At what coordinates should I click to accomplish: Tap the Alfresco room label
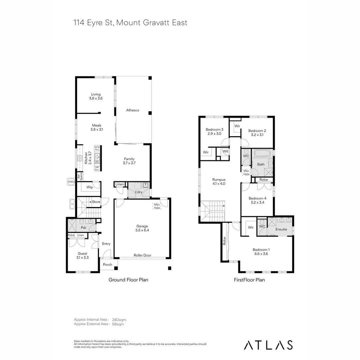coord(132,110)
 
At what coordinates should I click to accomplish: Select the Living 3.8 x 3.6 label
coord(96,96)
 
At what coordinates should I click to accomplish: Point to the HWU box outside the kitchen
coord(71,182)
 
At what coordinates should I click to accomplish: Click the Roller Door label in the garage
coord(142,255)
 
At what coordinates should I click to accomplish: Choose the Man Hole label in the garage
coord(157,206)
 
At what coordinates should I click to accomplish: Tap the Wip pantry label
coord(89,187)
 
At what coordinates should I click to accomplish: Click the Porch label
coord(107,265)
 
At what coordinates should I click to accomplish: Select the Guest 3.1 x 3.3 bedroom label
coord(82,255)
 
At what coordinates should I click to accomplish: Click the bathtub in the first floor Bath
coord(263,154)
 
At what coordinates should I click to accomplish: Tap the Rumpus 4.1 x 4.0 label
coord(219,181)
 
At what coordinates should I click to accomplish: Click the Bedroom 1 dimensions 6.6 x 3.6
coord(261,254)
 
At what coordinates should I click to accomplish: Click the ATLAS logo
coord(268,345)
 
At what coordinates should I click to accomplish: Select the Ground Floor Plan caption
coord(128,280)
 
